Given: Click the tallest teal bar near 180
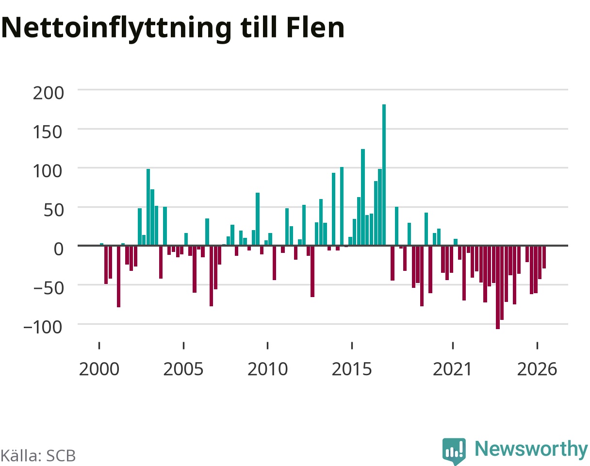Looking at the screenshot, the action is [384, 175].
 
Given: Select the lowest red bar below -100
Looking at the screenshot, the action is [498, 287].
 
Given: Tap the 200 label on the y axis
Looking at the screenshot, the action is [49, 93].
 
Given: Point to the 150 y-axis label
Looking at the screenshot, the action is [48, 132].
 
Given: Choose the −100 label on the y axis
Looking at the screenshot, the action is [43, 328].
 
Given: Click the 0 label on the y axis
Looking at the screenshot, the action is [59, 250].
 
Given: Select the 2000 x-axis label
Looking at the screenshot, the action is [99, 369].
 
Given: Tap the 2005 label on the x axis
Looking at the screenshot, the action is [183, 369].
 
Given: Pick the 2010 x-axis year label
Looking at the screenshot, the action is [267, 369].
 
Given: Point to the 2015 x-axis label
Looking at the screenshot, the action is [352, 369].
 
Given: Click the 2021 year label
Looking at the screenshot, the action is [453, 369].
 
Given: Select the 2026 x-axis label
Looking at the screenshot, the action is [537, 369].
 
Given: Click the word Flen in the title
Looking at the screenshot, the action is [315, 28].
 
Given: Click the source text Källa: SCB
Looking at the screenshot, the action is [38, 456].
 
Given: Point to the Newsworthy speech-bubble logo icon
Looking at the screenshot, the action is [454, 451].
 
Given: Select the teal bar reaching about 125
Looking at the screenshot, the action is [363, 197].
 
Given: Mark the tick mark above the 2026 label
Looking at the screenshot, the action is [537, 345].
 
